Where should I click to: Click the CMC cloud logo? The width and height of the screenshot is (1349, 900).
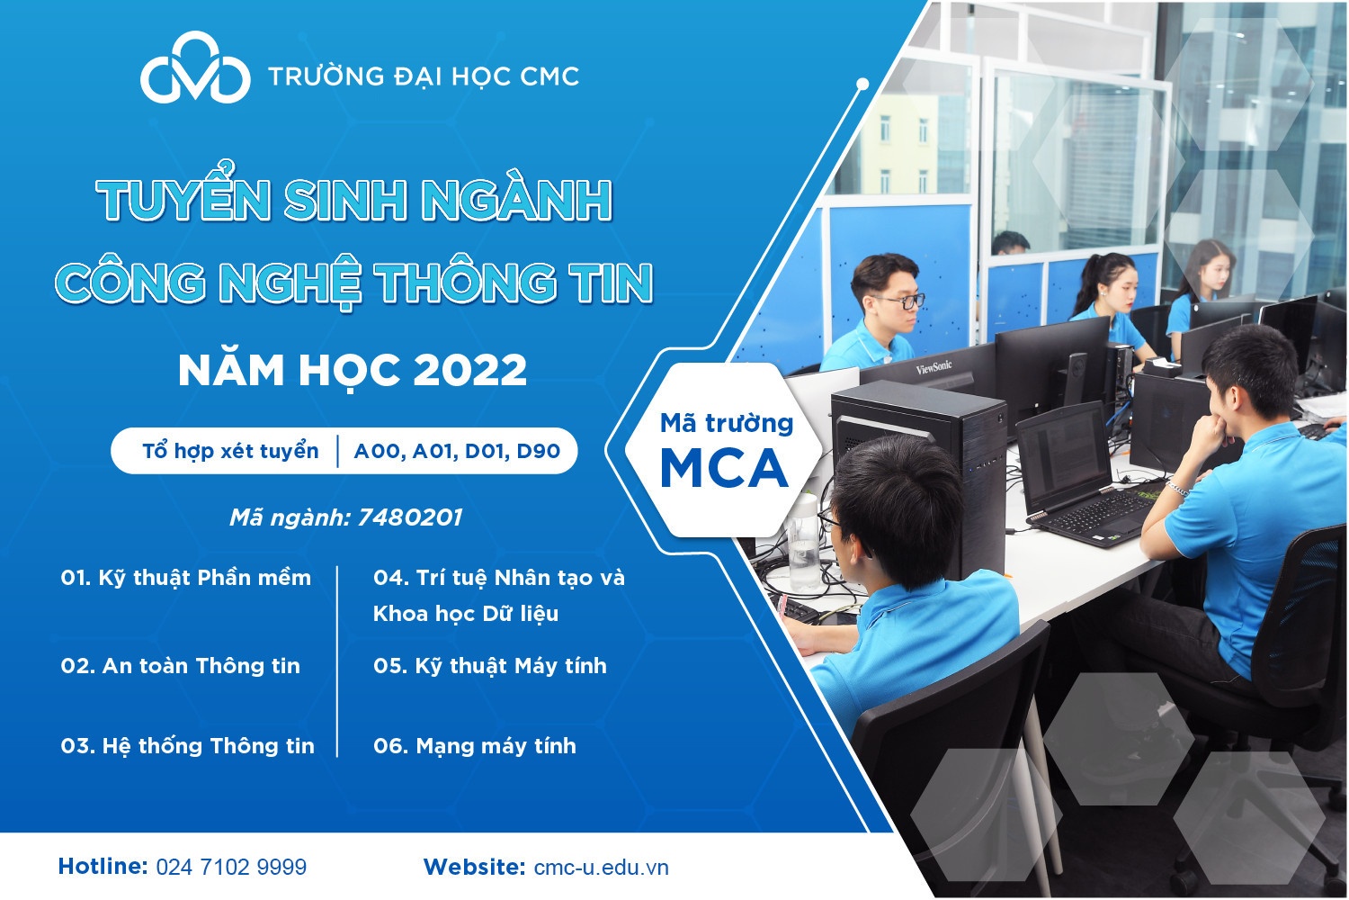[x=195, y=70]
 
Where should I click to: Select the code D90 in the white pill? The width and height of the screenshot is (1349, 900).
[x=538, y=451]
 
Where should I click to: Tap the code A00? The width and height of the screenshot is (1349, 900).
[x=379, y=451]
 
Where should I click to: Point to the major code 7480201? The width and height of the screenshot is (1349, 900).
[x=410, y=517]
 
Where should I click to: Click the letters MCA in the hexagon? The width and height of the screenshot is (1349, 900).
[x=724, y=467]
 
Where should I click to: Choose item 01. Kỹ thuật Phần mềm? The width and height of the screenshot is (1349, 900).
[x=185, y=578]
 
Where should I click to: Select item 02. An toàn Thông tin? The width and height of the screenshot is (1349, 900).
[x=180, y=666]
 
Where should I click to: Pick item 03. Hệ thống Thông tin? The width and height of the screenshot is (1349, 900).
[x=187, y=746]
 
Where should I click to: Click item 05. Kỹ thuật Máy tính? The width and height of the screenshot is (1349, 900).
[x=490, y=666]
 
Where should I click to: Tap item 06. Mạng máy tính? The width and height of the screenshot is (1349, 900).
[x=475, y=746]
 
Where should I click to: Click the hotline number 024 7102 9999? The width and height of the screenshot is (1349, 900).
[x=231, y=868]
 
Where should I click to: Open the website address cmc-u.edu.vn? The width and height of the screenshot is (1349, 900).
[x=601, y=868]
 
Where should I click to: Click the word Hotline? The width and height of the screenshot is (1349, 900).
[x=103, y=867]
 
